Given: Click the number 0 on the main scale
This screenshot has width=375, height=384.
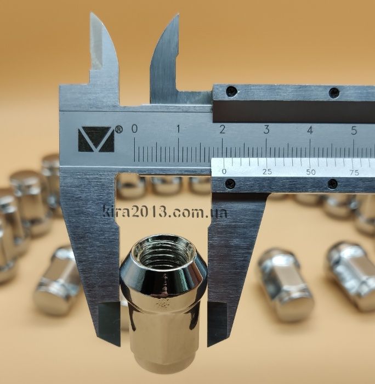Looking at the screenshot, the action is point(134,128).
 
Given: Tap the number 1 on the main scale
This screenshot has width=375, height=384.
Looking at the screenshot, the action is point(178,129).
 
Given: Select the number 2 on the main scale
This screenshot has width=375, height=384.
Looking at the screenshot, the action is point(222,129).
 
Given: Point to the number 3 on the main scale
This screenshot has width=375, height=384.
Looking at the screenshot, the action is point(266,129).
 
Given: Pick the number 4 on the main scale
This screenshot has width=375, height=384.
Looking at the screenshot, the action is point(310,130).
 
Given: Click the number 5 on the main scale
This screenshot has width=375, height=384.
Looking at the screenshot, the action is point(354,131).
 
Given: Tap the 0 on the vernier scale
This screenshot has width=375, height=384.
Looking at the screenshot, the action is point(224,171).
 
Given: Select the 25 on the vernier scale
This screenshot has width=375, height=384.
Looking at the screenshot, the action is point(267,172).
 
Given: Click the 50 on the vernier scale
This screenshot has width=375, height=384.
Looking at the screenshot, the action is point(311,172).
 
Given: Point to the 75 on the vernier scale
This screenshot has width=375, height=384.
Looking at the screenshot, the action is point(354,173).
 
